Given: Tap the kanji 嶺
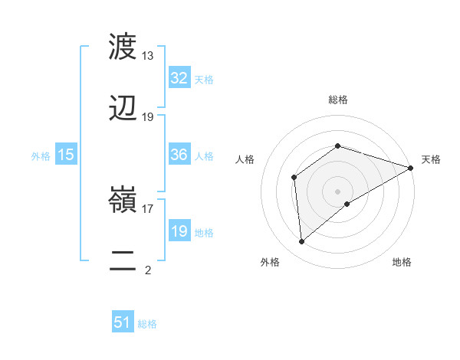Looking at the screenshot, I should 123,203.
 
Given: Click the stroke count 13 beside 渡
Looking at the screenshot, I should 148,56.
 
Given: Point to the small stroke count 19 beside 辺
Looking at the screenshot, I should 148,116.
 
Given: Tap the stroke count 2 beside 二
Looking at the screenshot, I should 148,270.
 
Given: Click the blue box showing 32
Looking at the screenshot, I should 179,78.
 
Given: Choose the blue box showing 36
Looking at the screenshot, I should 179,155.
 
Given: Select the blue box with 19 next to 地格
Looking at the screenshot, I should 179,231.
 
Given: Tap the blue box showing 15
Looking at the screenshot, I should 66,155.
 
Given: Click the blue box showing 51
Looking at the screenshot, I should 123,322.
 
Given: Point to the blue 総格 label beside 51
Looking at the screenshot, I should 147,324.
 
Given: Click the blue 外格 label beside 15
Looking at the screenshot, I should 41,155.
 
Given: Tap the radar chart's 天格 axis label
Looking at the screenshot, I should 431,159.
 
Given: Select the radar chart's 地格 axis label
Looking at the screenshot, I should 402,262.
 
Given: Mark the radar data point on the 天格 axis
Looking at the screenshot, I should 411,168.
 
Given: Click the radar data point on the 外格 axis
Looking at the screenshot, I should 302,242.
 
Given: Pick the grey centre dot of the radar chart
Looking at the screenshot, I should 338,191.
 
